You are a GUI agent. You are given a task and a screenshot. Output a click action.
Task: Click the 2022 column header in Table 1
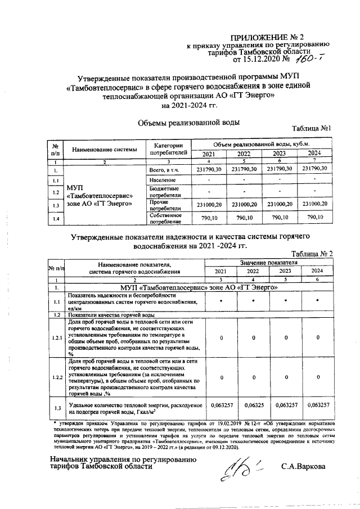[x=244, y=154]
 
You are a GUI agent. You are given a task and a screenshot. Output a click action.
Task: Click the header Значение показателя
[x=268, y=262]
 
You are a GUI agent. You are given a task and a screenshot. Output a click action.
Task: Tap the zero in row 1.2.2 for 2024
[x=318, y=377]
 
